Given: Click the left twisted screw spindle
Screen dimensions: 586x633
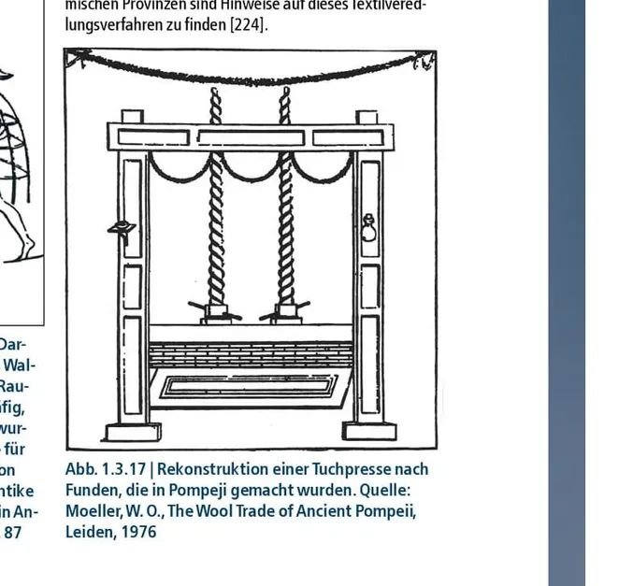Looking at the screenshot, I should click(x=217, y=215).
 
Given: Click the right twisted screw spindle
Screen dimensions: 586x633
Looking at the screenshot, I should click(x=285, y=215).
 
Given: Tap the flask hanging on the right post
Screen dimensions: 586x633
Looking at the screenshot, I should click(x=369, y=228).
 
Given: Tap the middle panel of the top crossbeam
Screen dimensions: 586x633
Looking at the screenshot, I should click(x=251, y=138).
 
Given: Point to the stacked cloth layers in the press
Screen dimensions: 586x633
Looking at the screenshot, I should click(x=251, y=354).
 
